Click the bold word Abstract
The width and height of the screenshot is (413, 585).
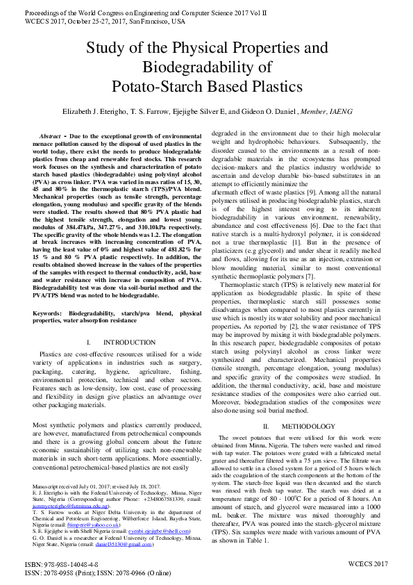[x=50, y=136]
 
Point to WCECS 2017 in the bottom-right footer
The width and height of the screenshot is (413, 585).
[x=368, y=563]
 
